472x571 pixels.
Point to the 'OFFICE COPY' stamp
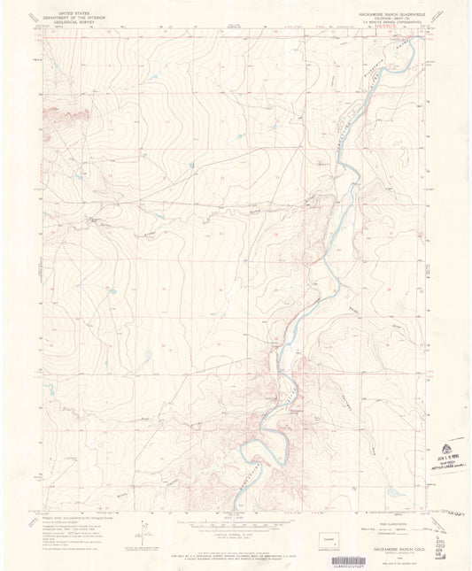point(450,512)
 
